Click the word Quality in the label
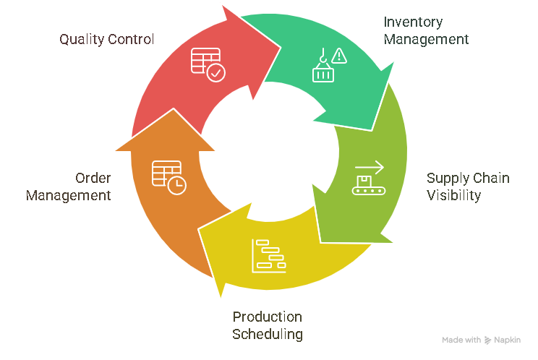point(81,39)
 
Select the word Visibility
point(453,195)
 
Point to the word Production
point(267,317)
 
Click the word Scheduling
point(267,335)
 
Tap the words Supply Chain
point(468,178)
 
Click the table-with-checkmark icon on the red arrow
point(207,64)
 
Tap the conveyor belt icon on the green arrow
point(369,179)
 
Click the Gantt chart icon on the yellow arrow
point(268,256)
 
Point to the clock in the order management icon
point(176,186)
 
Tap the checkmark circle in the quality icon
point(215,73)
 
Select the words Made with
point(461,340)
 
